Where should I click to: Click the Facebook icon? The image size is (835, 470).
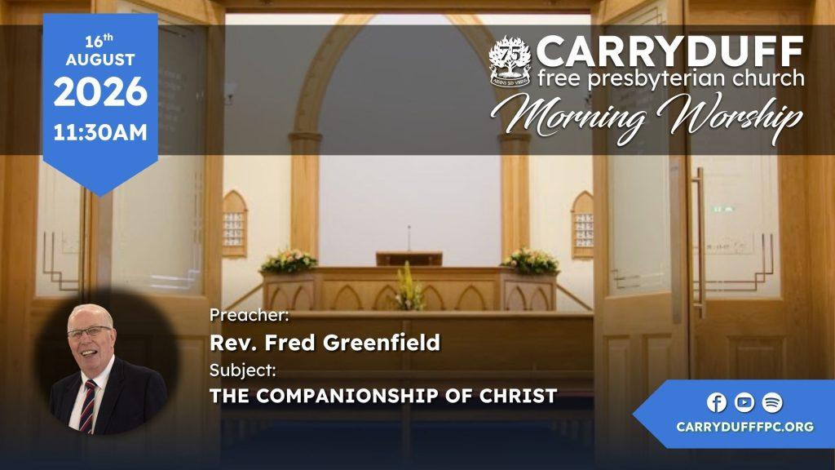(x=717, y=402)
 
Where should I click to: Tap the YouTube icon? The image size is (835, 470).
(x=744, y=402)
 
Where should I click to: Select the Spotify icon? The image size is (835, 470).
(x=772, y=402)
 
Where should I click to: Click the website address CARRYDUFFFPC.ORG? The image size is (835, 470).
(x=745, y=427)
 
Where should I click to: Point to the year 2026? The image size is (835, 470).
(x=100, y=91)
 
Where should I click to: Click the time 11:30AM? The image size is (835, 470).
(x=100, y=133)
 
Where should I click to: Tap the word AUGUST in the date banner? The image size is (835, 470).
(x=100, y=60)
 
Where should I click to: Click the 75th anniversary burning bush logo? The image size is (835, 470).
(x=510, y=61)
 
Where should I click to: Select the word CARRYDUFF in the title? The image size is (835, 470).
(x=670, y=51)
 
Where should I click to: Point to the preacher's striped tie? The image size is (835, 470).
(x=87, y=406)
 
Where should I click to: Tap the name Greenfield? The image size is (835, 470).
(x=382, y=343)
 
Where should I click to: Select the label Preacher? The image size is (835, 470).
(x=250, y=316)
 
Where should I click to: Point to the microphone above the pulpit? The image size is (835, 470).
(x=409, y=238)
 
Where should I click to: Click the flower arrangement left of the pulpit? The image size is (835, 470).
(x=289, y=262)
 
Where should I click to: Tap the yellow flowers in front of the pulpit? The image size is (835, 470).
(x=409, y=288)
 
